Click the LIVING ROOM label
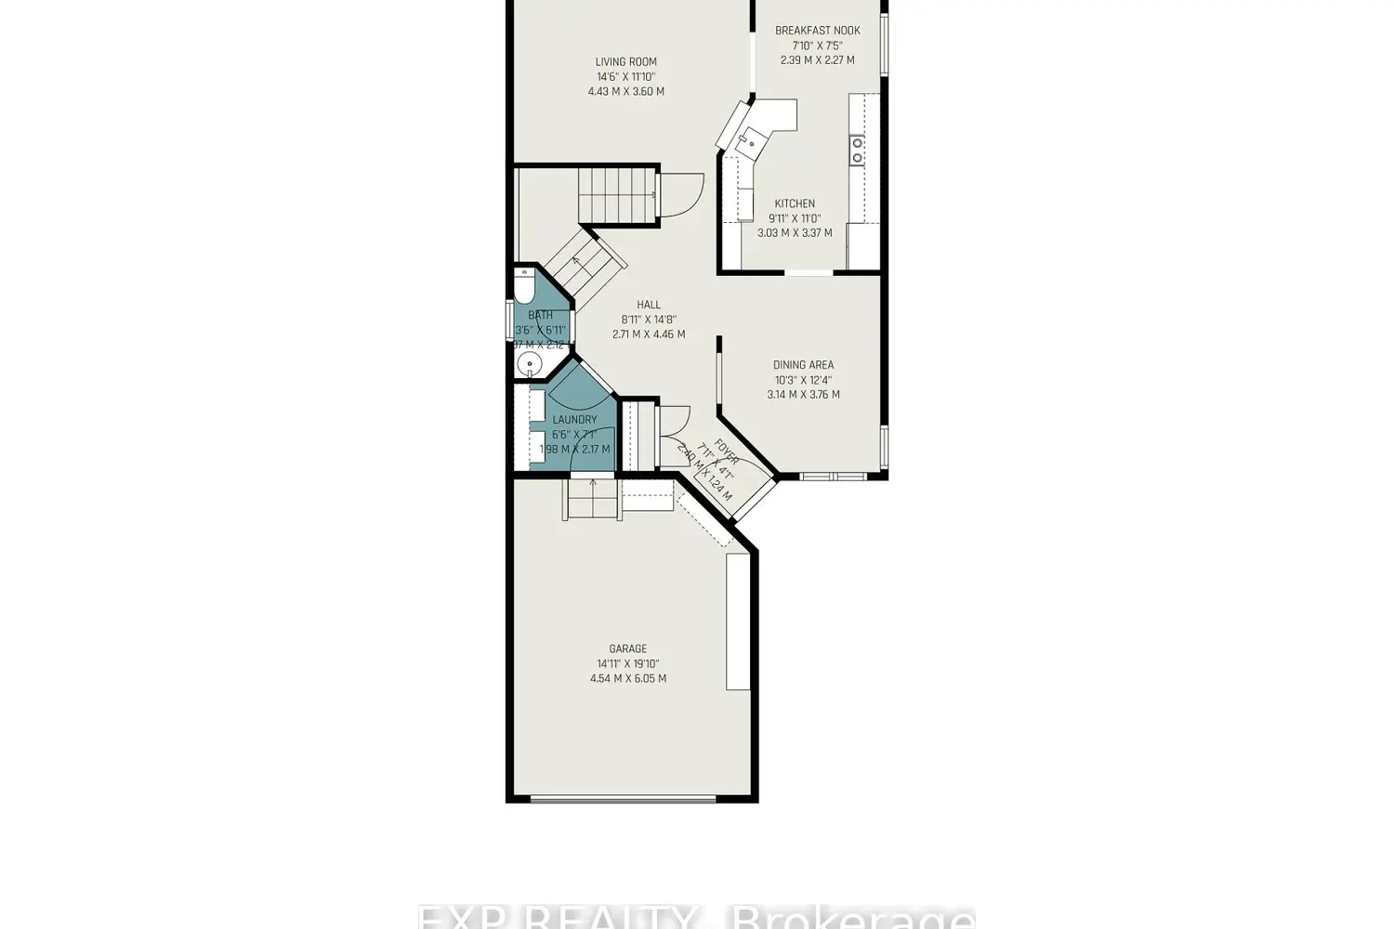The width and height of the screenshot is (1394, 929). tap(625, 62)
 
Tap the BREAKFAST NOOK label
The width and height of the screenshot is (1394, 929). tap(817, 31)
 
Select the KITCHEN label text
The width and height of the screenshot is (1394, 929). tap(795, 203)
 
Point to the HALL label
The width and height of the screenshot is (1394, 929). tap(649, 305)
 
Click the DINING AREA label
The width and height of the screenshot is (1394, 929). tap(803, 365)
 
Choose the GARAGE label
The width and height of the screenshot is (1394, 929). tap(627, 648)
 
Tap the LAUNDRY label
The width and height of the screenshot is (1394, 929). tap(574, 420)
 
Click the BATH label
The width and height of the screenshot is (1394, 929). tap(540, 315)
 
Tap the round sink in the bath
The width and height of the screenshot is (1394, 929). tap(530, 363)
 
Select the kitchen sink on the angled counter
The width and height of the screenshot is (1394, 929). tap(746, 141)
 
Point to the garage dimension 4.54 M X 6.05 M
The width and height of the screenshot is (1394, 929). tap(627, 678)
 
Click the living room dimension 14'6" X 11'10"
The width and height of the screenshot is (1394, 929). tap(625, 77)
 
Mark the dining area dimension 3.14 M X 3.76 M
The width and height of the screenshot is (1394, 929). tap(803, 395)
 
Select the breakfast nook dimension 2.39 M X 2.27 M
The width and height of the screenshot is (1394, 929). tap(817, 60)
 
